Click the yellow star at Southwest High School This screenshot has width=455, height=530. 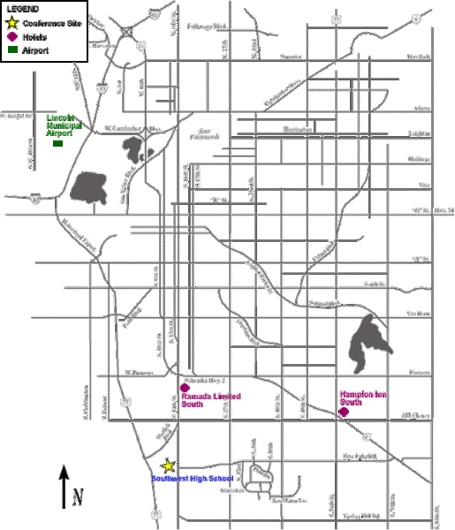coord(168,466)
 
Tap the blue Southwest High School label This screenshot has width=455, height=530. coord(192,479)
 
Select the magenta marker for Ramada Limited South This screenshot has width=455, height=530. coord(185,388)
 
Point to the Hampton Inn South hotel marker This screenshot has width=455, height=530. coord(344,411)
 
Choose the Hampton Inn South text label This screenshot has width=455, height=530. coord(363,399)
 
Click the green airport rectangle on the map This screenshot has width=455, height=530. coord(58,143)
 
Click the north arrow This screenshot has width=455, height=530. coord(64,485)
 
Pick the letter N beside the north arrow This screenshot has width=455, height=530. coord(78,496)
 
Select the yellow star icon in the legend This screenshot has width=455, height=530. coord(11,23)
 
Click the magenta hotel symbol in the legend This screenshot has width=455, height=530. coord(11,37)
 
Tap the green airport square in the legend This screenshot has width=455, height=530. coord(11,51)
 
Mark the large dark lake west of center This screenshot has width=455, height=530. coord(89,187)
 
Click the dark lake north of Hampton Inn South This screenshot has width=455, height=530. coord(365,341)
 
